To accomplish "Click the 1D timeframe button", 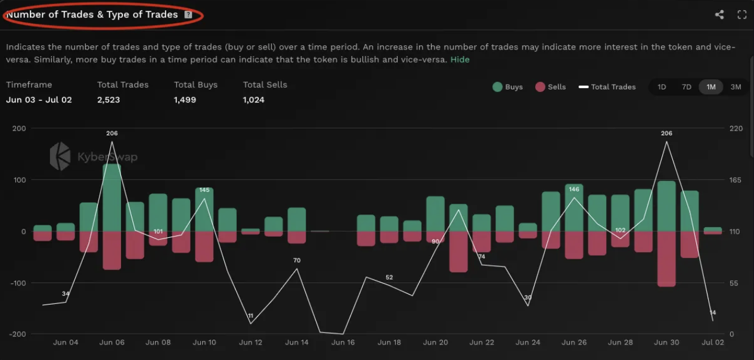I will coord(662,87).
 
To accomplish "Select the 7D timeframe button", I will coord(687,87).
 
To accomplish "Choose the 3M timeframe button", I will coord(736,87).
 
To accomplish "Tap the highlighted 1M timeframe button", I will coord(711,87).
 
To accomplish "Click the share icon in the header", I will coord(719,15).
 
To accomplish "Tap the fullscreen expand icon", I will coord(742,15).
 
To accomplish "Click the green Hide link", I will coord(460,60).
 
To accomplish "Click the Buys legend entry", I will coord(507,87).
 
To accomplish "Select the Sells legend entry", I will coord(550,87).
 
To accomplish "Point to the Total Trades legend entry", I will coord(607,87).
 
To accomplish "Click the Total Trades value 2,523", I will coord(108,100).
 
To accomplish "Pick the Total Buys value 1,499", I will coord(185,100).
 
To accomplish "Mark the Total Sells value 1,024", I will coord(254,100).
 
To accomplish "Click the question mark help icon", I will coord(188,14).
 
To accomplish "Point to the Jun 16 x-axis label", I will coord(343,343).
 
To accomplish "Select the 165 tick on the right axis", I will coord(736,180).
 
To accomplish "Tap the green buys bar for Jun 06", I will coord(112,197).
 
